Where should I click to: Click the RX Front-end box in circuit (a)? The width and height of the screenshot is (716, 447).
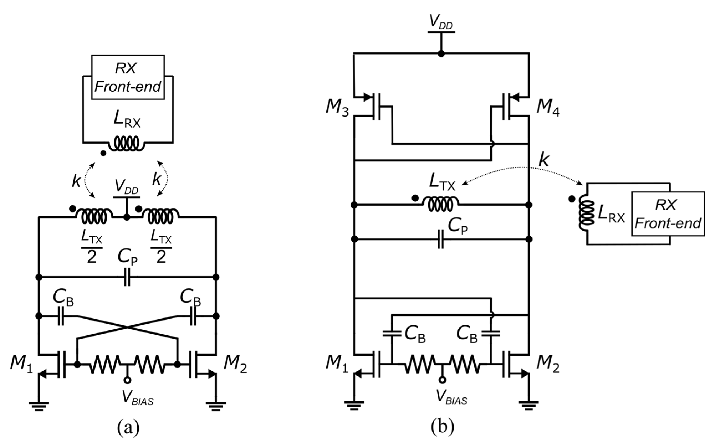coord(128,77)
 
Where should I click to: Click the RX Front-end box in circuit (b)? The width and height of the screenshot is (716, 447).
coord(668,214)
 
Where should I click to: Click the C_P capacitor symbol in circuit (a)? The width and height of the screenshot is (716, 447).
coord(127,277)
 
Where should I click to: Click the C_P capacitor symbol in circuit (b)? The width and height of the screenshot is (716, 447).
coord(441,239)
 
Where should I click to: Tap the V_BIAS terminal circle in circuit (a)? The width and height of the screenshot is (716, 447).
coord(127,381)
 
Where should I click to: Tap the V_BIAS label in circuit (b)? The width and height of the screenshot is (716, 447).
coord(452,397)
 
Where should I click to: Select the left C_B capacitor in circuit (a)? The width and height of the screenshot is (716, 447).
coord(61,316)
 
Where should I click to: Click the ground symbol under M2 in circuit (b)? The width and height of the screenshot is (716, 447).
coord(529,405)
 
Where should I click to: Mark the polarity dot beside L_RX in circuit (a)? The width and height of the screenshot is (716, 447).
coord(103,153)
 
